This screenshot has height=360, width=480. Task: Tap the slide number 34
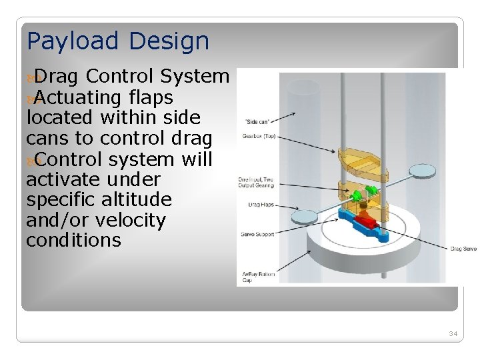click(x=453, y=333)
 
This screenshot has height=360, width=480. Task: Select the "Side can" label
click(x=257, y=121)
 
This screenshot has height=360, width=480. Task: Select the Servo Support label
click(x=256, y=234)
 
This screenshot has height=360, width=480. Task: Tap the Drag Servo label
click(x=463, y=249)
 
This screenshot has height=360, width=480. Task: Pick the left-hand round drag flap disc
click(x=305, y=216)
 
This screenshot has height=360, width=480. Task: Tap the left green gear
click(x=356, y=196)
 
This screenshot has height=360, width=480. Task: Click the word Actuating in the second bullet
click(x=74, y=98)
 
